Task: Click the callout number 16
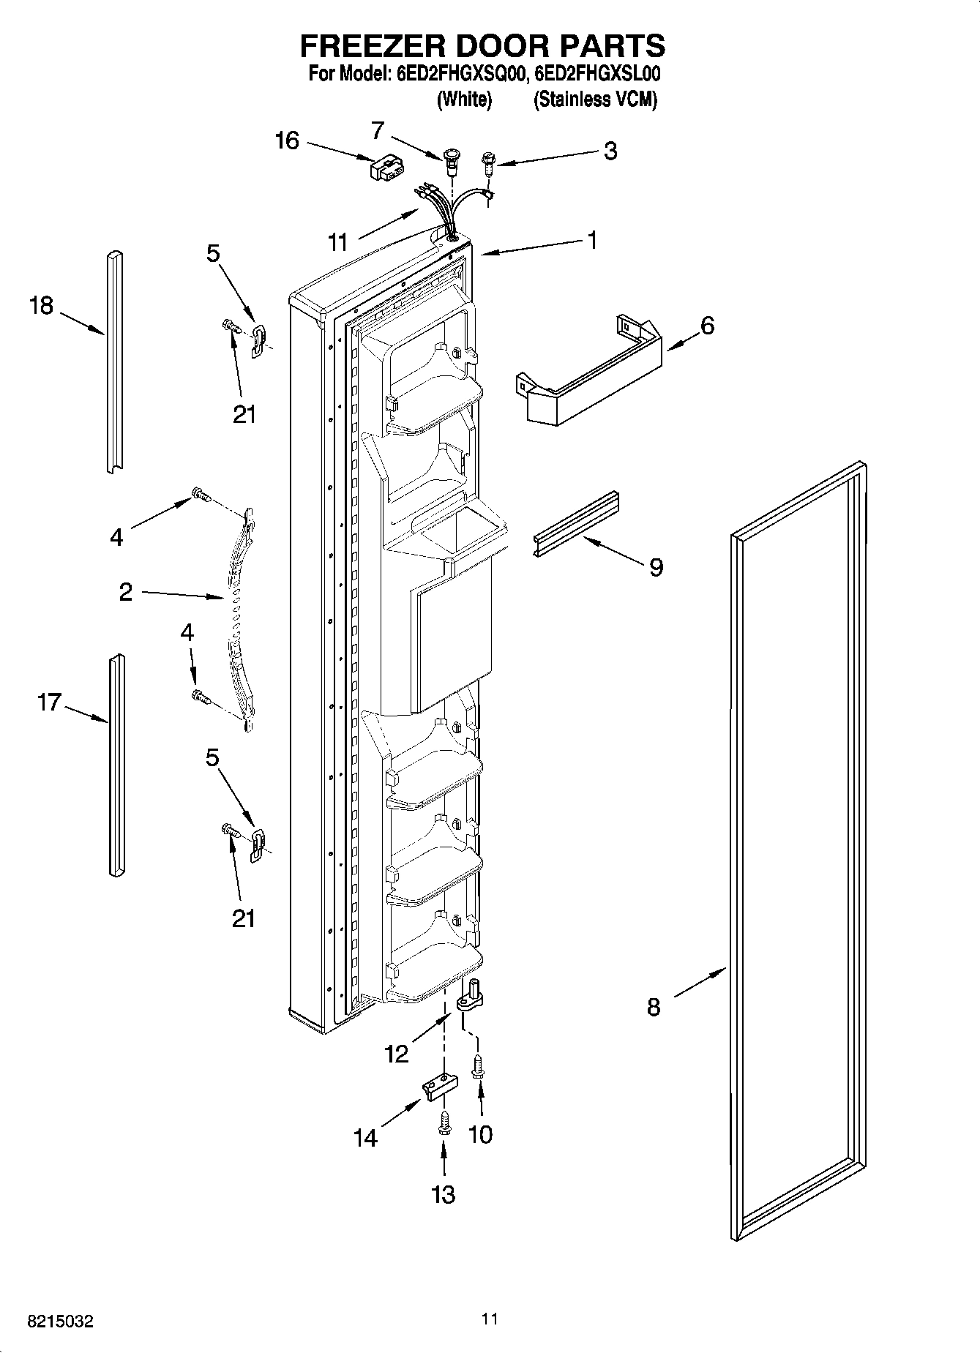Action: point(287,140)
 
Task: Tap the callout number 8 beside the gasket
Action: point(654,1007)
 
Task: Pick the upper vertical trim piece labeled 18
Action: point(113,362)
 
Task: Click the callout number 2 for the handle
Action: point(126,592)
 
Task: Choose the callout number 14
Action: point(365,1138)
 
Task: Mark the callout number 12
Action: point(396,1054)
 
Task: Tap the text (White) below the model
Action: point(464,100)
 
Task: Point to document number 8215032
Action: point(60,1322)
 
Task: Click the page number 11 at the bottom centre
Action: point(490,1319)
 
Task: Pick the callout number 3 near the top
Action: point(610,151)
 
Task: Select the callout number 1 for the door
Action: point(591,239)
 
